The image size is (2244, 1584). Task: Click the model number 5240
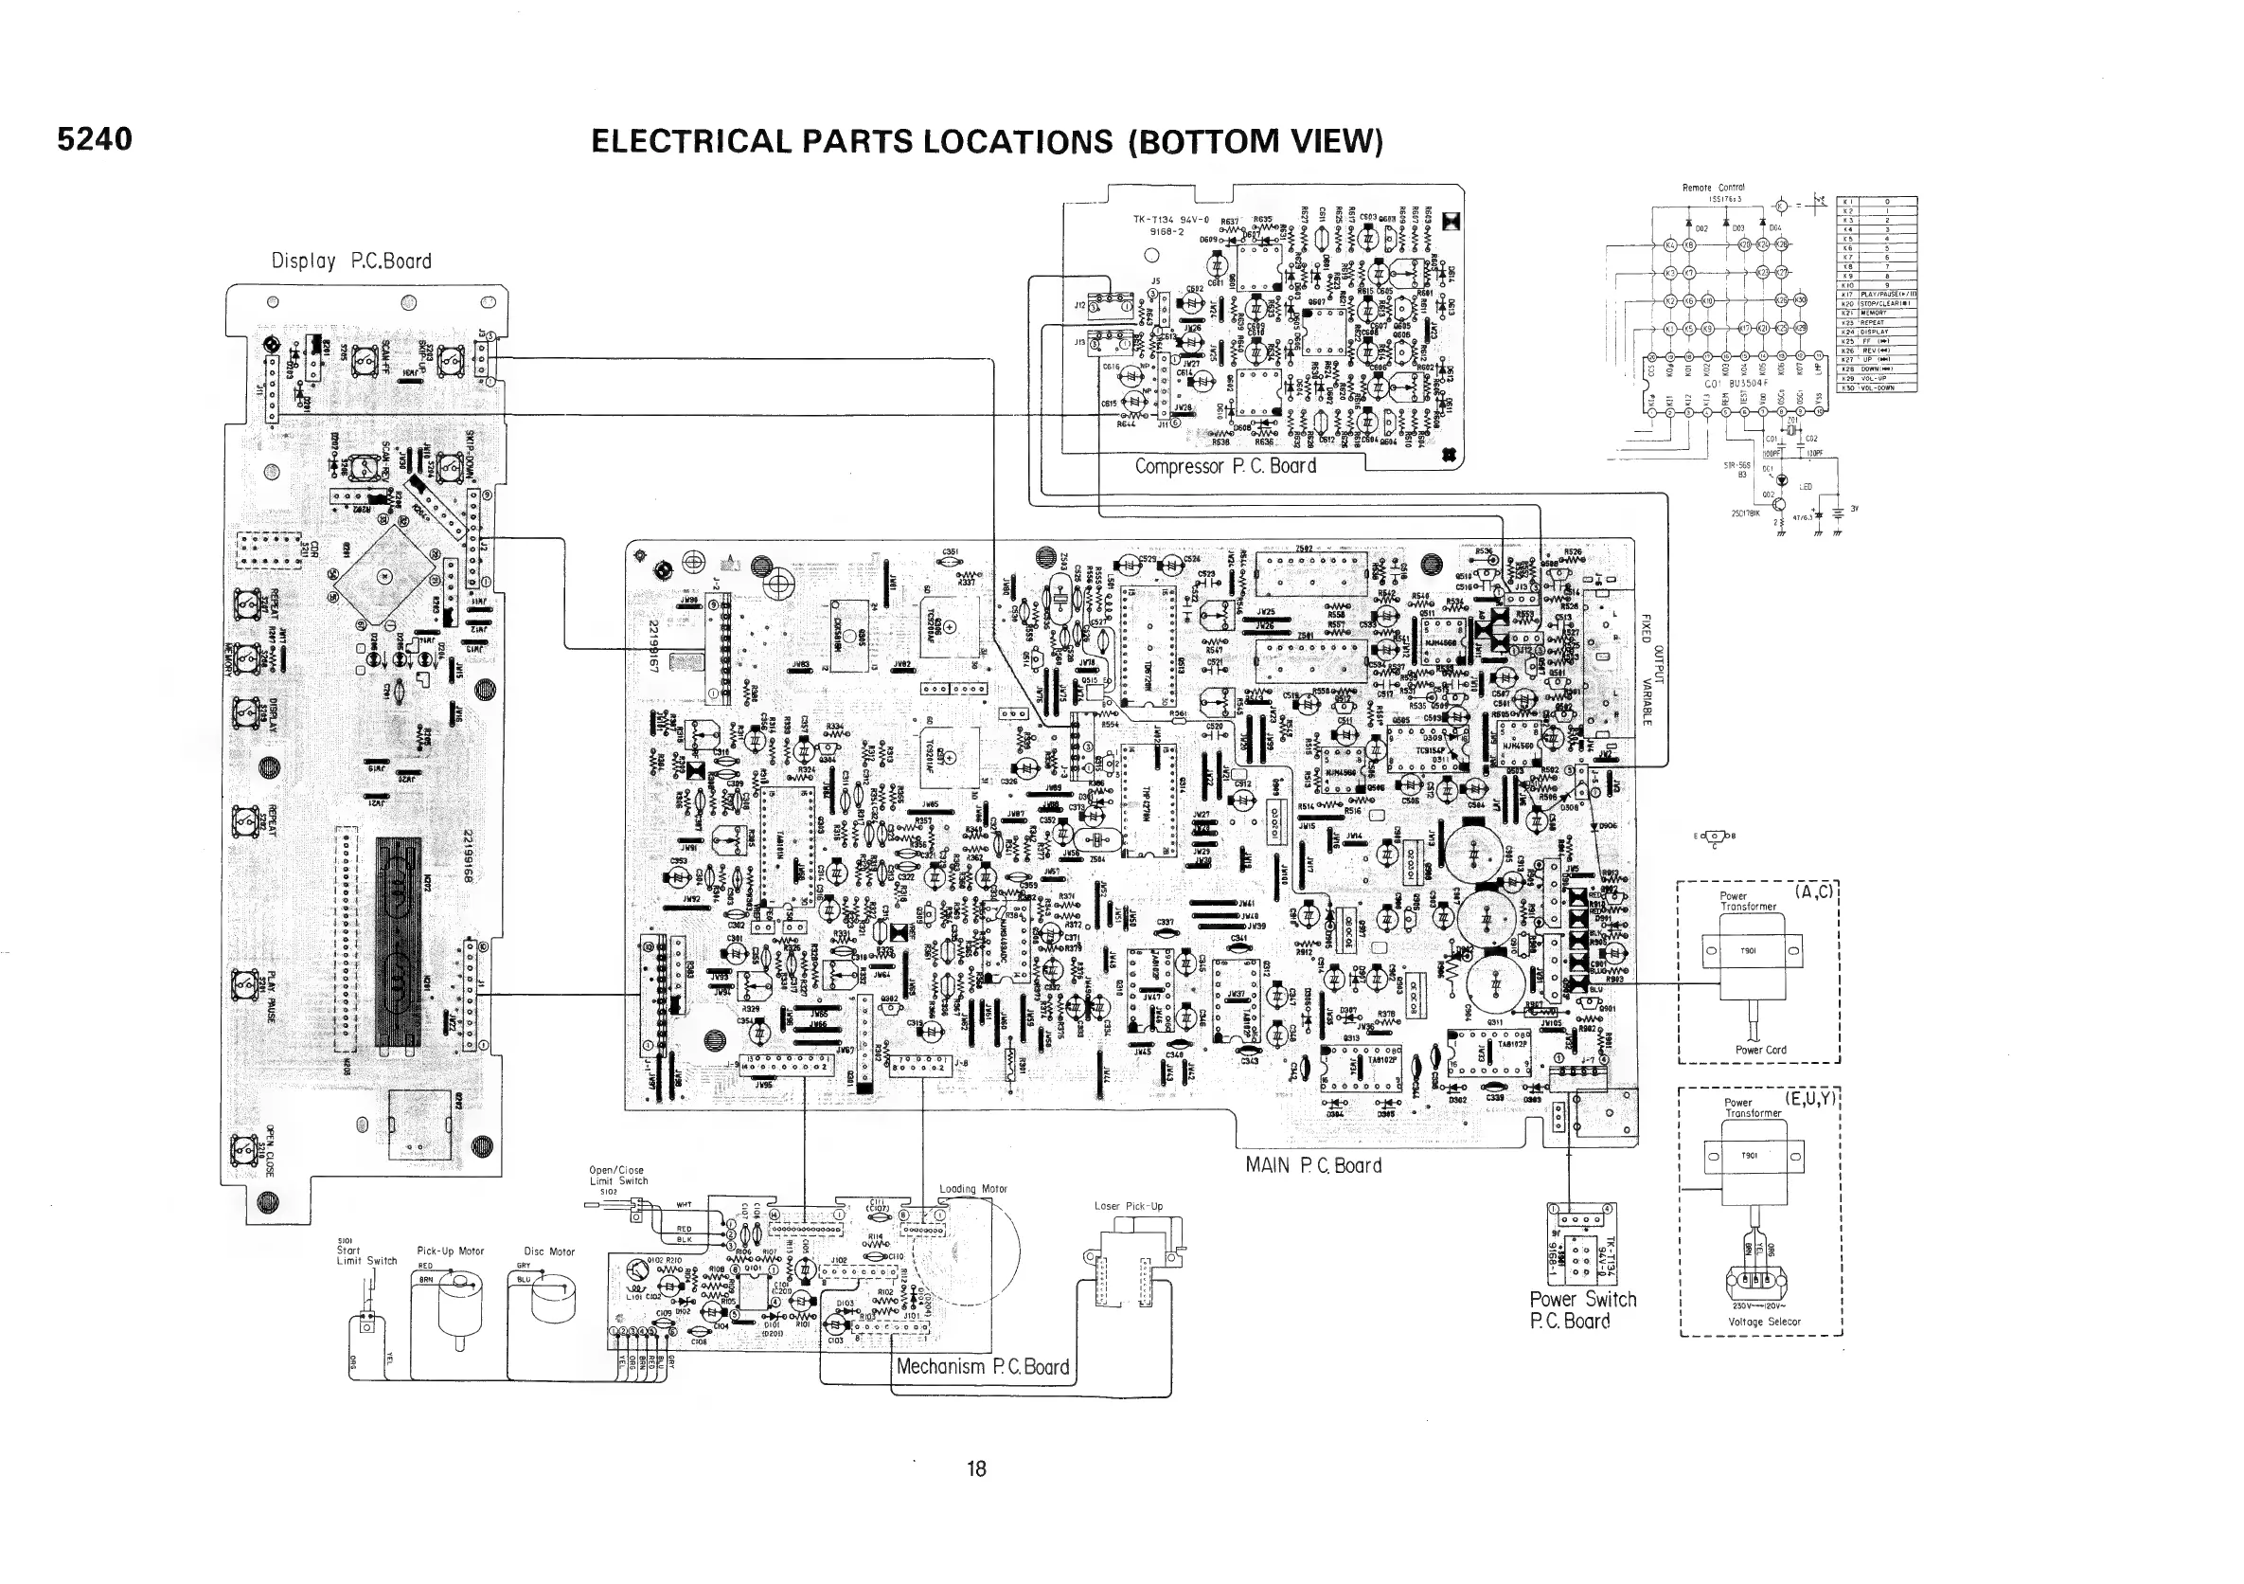[94, 140]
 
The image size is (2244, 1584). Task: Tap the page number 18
[975, 1467]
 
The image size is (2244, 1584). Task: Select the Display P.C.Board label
[351, 261]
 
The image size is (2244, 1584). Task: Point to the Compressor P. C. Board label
[1224, 466]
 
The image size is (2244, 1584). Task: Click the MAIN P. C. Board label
[1312, 1165]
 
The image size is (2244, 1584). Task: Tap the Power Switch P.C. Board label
[1582, 1310]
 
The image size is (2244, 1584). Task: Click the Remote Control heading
[1712, 187]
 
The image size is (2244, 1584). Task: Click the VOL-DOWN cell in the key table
[1887, 388]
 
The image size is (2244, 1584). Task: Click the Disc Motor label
[549, 1251]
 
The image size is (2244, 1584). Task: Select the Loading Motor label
[972, 1189]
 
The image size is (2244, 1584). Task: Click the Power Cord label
[1760, 1050]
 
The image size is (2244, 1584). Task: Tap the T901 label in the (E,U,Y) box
[1749, 1156]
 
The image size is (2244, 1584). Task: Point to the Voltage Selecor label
[1763, 1322]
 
